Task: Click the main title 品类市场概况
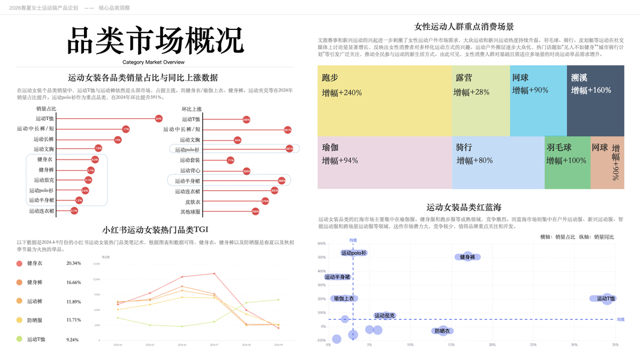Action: click(x=155, y=41)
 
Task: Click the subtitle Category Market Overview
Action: click(x=154, y=62)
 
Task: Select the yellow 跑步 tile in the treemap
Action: click(x=384, y=100)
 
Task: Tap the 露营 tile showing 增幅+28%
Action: click(x=480, y=100)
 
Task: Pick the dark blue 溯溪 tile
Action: click(x=595, y=100)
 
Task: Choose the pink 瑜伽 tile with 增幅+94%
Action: click(x=384, y=163)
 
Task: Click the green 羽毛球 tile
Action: click(x=566, y=163)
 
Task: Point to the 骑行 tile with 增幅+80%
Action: click(x=498, y=163)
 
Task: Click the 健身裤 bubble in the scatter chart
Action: click(x=468, y=257)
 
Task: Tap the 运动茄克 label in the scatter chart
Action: click(x=384, y=316)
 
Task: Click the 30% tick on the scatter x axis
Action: click(x=575, y=345)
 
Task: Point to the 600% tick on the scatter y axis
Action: click(x=321, y=244)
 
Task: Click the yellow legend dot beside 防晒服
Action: click(x=20, y=320)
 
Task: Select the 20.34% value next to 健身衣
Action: click(x=74, y=263)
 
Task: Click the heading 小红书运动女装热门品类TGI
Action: click(x=155, y=229)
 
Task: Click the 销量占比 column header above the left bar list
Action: click(x=46, y=109)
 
